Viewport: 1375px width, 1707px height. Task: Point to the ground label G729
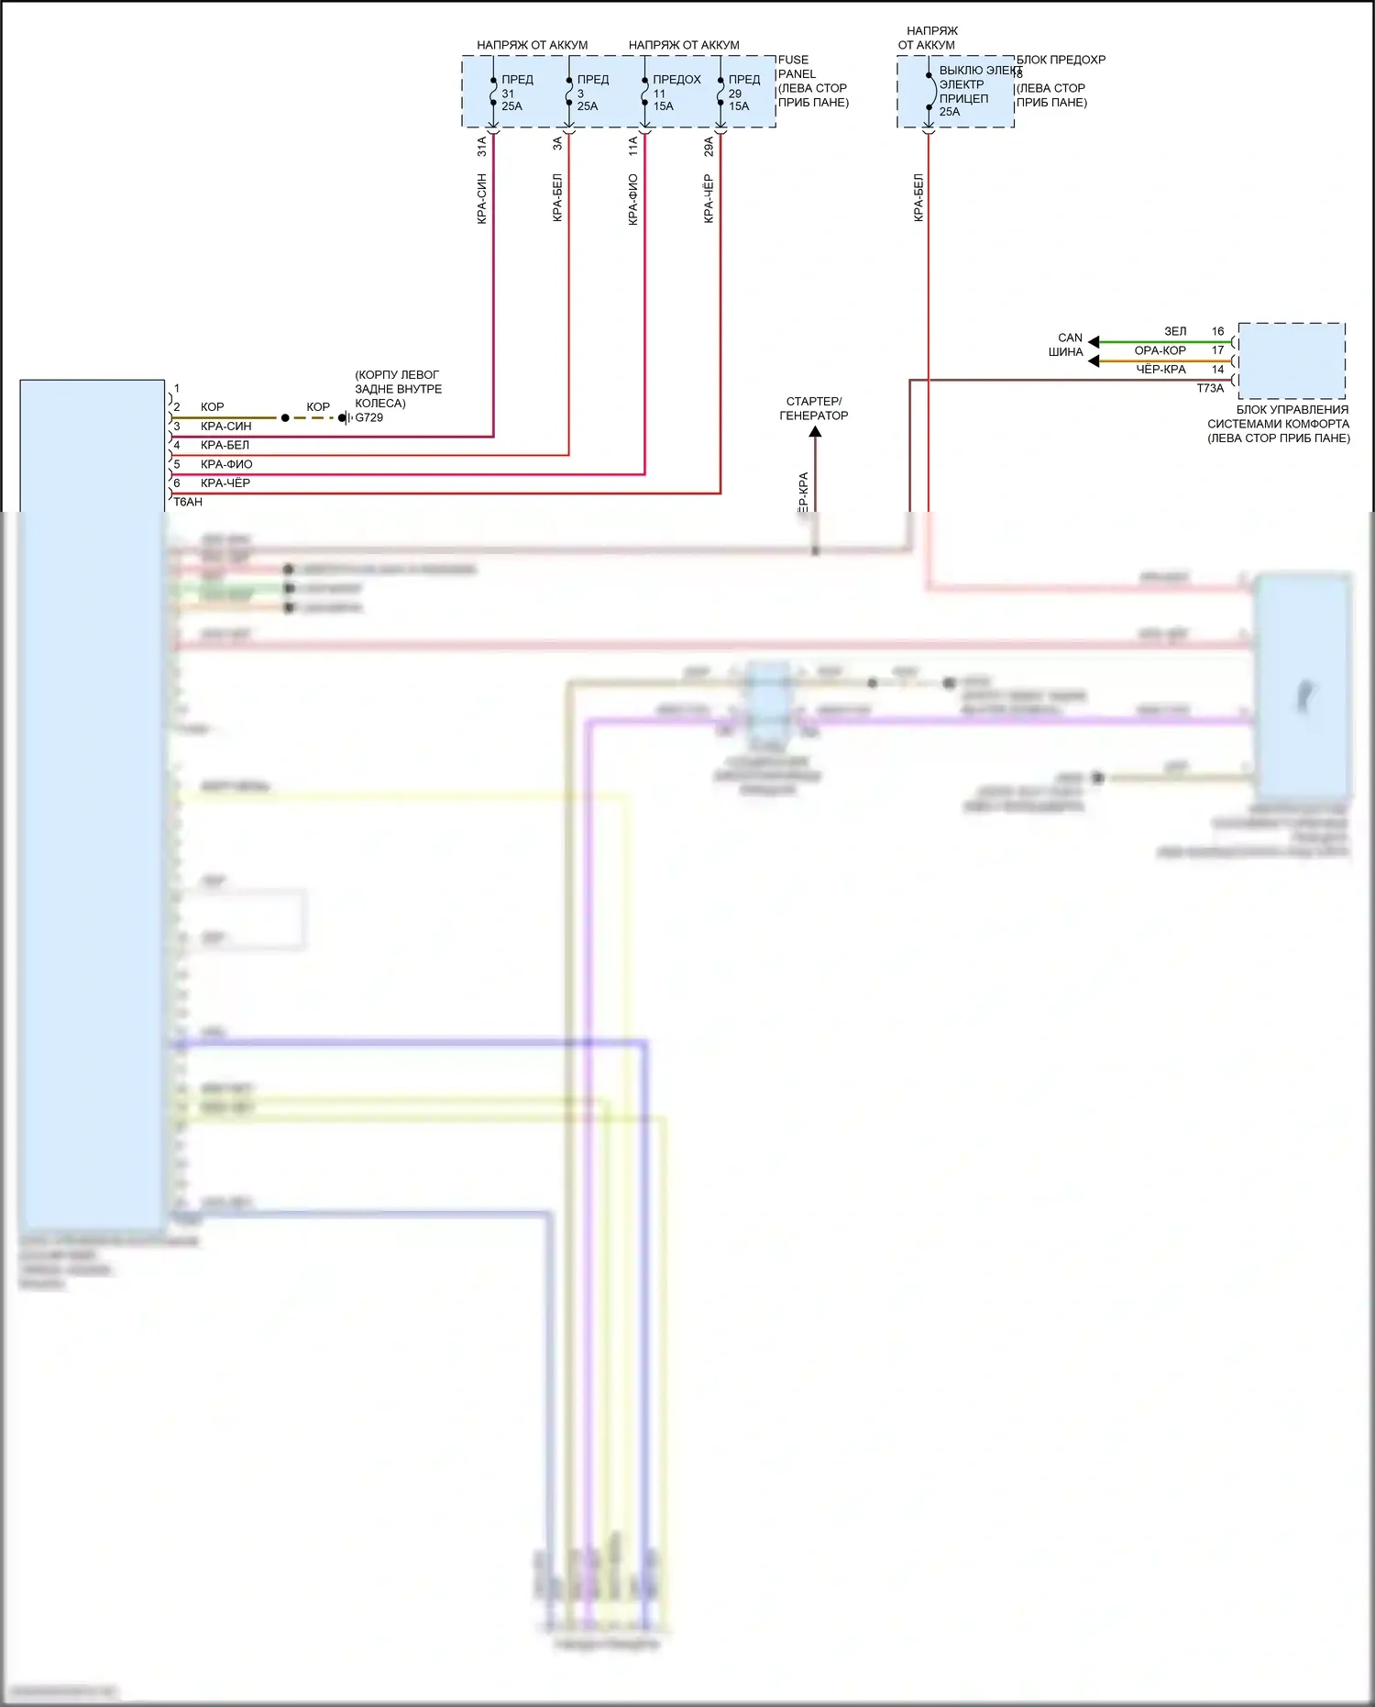(368, 417)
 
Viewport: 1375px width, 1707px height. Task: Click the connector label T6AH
(188, 502)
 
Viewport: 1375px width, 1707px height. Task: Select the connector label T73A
(1210, 388)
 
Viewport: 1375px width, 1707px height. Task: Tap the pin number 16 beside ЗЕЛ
(1217, 331)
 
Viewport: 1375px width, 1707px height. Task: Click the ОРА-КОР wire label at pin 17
(1160, 350)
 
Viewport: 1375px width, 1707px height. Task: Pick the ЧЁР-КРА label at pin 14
(1160, 370)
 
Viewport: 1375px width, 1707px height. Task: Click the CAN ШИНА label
(1067, 345)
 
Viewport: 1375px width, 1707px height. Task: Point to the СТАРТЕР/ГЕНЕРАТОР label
(814, 408)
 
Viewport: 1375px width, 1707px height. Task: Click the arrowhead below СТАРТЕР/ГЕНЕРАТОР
(815, 431)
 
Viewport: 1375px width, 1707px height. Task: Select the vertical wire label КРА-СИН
(482, 198)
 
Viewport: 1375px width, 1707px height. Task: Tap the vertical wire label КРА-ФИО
(633, 199)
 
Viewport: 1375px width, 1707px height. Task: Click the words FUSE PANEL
(795, 67)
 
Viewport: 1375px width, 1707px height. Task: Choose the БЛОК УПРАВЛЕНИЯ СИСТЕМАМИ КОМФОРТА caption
(1279, 424)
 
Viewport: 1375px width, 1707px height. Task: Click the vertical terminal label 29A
(709, 147)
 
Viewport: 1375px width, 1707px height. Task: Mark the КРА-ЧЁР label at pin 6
(225, 483)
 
